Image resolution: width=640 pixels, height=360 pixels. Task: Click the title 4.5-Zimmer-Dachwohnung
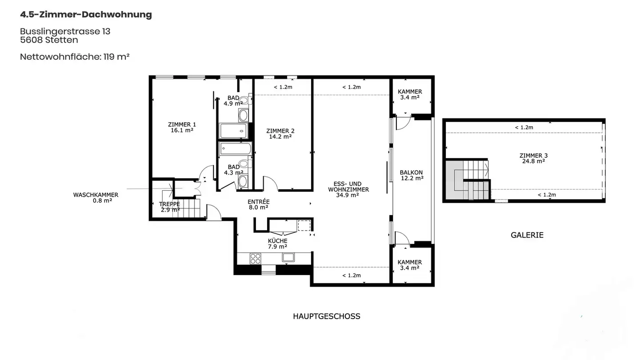click(86, 15)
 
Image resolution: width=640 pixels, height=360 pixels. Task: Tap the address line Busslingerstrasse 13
click(65, 32)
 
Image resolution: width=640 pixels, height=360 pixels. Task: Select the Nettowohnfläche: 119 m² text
click(75, 57)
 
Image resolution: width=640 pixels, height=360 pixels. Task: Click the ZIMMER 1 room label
click(182, 128)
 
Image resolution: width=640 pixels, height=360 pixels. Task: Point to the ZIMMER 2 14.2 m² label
click(280, 134)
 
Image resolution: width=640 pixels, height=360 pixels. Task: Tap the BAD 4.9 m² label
click(233, 101)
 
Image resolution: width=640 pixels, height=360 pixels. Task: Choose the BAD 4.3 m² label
click(233, 170)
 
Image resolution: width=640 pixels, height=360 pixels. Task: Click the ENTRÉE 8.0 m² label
click(258, 204)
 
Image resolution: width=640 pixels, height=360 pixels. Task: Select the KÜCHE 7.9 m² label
click(277, 244)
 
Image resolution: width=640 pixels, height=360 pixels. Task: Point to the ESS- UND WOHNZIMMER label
click(348, 189)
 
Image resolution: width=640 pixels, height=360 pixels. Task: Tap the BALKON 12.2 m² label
click(411, 175)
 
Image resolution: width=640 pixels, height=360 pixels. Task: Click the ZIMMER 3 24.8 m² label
click(533, 158)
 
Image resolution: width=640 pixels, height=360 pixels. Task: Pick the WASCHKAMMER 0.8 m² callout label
click(96, 198)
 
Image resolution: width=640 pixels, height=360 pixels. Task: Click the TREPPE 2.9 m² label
click(170, 207)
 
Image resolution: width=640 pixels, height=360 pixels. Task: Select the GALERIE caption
click(527, 235)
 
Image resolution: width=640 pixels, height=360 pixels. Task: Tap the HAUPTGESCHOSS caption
click(326, 316)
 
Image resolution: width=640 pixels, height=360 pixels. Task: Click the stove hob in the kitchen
click(256, 258)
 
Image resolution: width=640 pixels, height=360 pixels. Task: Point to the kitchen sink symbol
click(288, 257)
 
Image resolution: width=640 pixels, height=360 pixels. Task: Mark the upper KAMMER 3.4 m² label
click(410, 94)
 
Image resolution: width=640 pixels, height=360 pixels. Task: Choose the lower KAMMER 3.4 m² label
click(409, 265)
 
